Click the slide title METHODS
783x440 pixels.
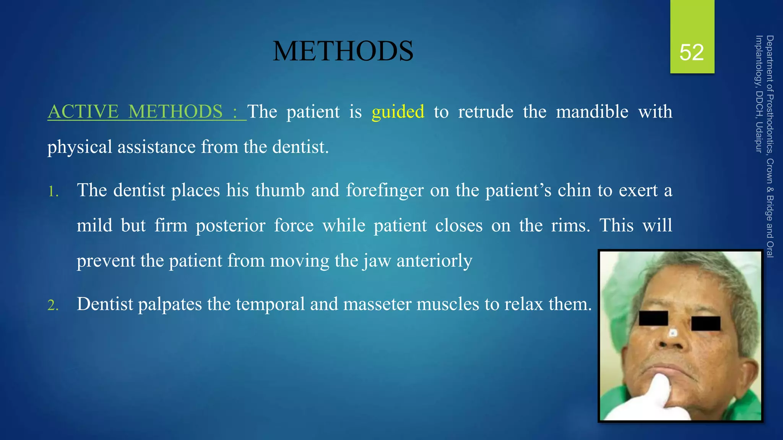coord(343,51)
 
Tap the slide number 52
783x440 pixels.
coord(691,52)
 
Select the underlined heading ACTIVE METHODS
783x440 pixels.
coord(135,112)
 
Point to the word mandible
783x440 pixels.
coord(592,112)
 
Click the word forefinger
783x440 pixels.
coord(385,191)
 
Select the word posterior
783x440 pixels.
coord(231,226)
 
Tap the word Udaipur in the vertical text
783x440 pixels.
coord(759,137)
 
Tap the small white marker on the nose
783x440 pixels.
coord(673,333)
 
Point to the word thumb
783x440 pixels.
coord(280,191)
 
